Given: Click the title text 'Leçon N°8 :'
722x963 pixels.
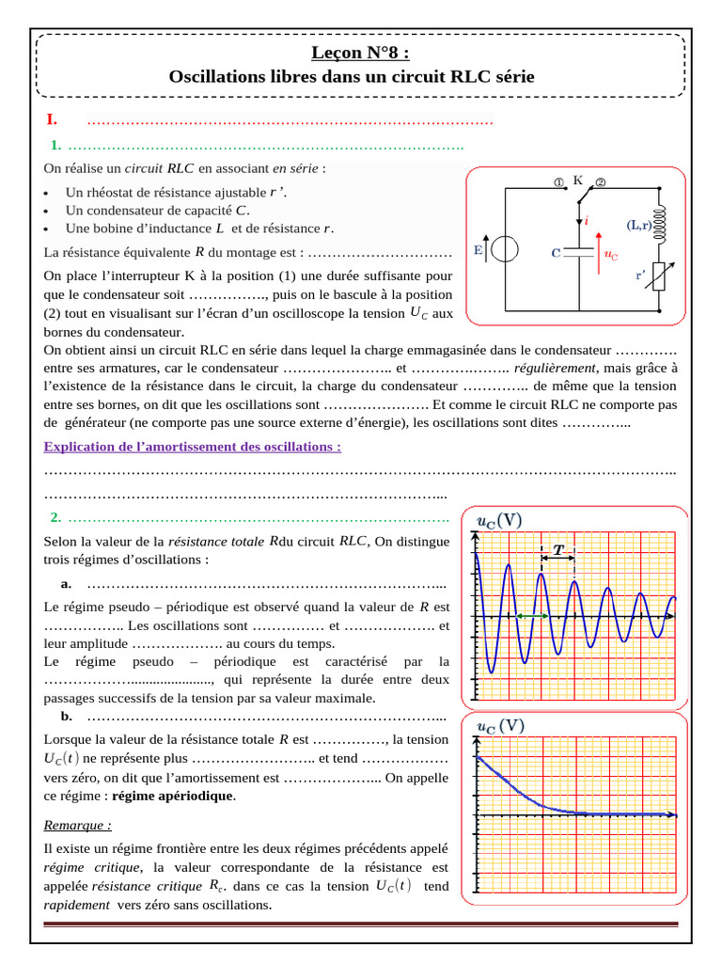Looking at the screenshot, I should [x=361, y=54].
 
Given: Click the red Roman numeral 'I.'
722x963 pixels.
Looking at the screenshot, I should [x=53, y=119].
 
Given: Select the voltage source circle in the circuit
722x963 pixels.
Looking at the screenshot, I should [x=506, y=250].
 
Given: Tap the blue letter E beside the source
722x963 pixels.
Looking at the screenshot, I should [x=479, y=250].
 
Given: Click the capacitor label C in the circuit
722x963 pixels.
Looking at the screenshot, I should [x=556, y=253].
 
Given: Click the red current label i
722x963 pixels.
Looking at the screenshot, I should [x=588, y=220].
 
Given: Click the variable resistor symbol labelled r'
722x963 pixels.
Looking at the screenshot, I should [x=659, y=275].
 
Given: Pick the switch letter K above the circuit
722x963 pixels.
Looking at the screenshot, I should [x=577, y=179].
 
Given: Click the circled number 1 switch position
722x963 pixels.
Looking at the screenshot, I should [x=558, y=182].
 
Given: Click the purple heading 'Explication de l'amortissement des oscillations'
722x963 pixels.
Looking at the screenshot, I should [x=193, y=446].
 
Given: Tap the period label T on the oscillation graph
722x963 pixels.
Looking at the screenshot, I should [x=557, y=550].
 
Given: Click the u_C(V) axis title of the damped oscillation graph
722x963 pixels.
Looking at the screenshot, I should [x=499, y=521].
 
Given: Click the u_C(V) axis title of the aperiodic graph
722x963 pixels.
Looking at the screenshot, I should [x=500, y=727].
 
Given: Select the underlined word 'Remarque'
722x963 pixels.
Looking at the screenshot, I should [x=77, y=825].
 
